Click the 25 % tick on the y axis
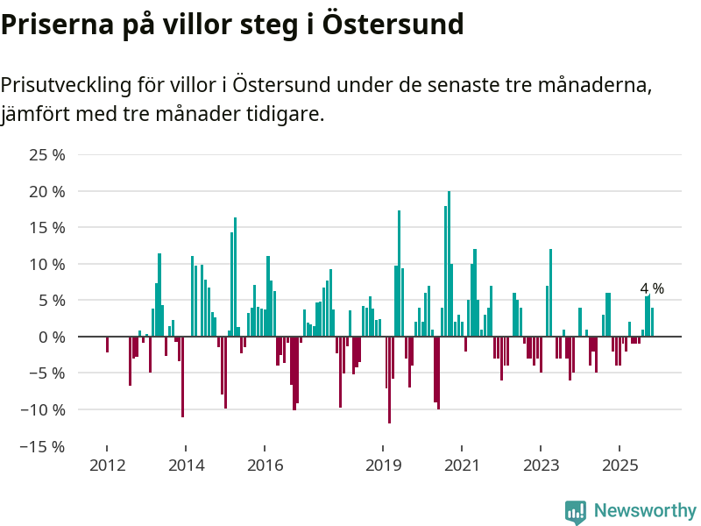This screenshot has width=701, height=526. click(47, 155)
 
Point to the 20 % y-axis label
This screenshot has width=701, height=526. click(47, 191)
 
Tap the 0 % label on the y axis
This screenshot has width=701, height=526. click(52, 337)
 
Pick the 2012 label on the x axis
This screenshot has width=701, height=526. click(107, 465)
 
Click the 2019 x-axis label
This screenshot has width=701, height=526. click(383, 465)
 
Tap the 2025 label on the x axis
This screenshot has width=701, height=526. click(620, 465)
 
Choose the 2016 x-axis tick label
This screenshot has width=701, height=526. click(265, 465)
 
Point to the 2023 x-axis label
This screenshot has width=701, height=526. click(541, 465)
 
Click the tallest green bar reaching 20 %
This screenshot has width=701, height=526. click(449, 263)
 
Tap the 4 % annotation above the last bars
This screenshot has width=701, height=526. click(652, 288)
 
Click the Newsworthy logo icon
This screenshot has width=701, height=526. click(576, 512)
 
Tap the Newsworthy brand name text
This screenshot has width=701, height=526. click(645, 510)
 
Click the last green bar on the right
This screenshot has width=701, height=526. click(652, 322)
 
